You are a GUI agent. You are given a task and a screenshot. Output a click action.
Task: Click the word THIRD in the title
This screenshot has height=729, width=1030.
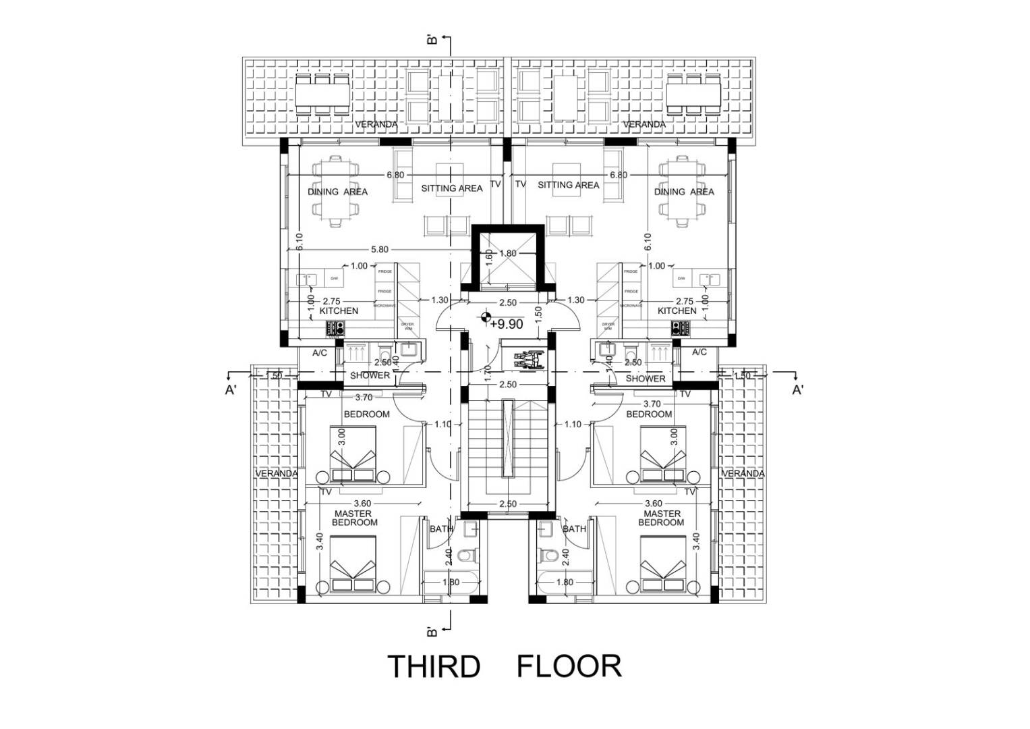(433, 666)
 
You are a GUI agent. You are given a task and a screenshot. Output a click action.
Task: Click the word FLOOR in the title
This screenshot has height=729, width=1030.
(569, 666)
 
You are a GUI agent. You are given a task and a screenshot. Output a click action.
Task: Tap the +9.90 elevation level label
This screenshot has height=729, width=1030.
(507, 325)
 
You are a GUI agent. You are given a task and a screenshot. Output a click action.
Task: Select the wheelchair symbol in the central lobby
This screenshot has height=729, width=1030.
(523, 358)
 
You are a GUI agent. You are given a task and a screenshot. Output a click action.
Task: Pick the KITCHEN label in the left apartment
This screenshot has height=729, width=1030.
(339, 311)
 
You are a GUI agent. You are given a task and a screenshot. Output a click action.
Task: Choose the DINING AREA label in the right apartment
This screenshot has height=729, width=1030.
(683, 192)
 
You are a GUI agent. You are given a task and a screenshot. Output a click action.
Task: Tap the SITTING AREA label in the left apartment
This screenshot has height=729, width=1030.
(451, 188)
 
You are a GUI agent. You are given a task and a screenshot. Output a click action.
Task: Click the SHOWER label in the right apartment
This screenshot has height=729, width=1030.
(645, 379)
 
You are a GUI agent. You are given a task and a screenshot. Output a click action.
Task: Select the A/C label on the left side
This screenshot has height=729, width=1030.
(320, 352)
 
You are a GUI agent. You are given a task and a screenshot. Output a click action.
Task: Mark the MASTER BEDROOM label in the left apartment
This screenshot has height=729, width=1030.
(355, 518)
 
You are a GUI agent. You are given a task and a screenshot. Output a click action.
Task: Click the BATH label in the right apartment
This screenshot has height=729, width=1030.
(574, 529)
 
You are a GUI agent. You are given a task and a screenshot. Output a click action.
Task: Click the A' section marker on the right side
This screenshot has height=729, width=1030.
(798, 390)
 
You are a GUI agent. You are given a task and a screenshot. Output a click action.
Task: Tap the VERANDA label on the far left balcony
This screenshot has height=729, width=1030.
(276, 474)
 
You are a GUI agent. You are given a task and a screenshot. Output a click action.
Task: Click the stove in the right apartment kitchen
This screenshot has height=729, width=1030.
(679, 329)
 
